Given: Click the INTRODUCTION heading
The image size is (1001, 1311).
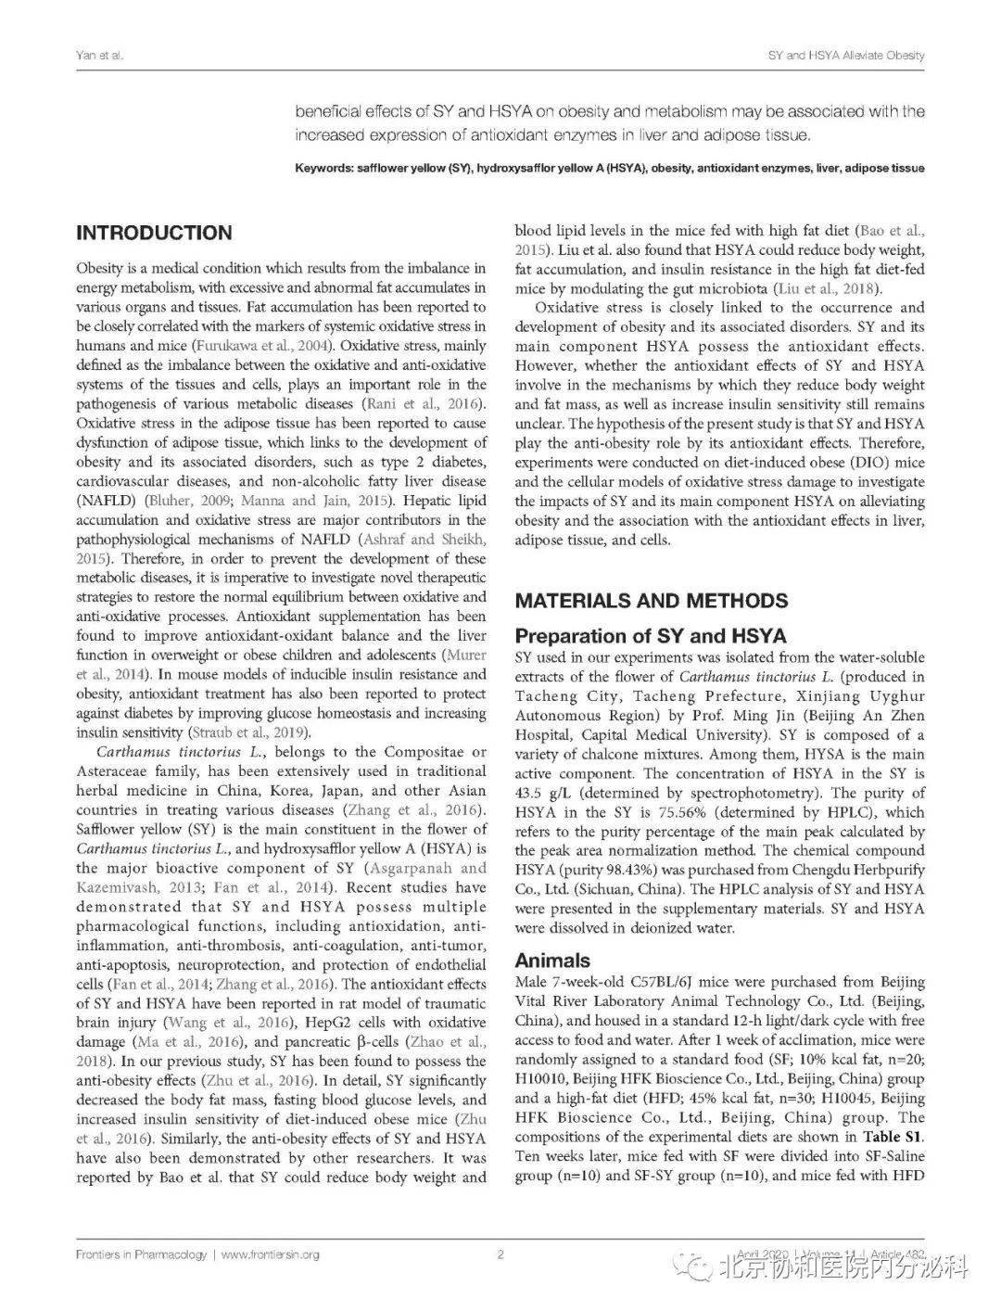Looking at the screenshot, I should [x=154, y=233].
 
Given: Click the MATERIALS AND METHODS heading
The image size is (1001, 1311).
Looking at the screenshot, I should [x=651, y=600].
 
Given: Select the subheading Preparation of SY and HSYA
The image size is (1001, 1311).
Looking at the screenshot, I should [x=650, y=636].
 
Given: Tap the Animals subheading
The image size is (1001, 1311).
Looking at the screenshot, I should [x=552, y=961].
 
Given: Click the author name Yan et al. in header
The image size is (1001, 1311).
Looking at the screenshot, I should [x=99, y=56].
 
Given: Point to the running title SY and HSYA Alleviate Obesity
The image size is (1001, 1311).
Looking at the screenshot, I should [x=846, y=56].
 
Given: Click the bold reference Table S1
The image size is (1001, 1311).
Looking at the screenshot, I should [x=894, y=1137].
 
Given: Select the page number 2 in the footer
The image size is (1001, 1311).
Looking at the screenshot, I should [x=500, y=1254].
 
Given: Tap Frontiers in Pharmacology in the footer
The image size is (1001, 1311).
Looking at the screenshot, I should [x=141, y=1254].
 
